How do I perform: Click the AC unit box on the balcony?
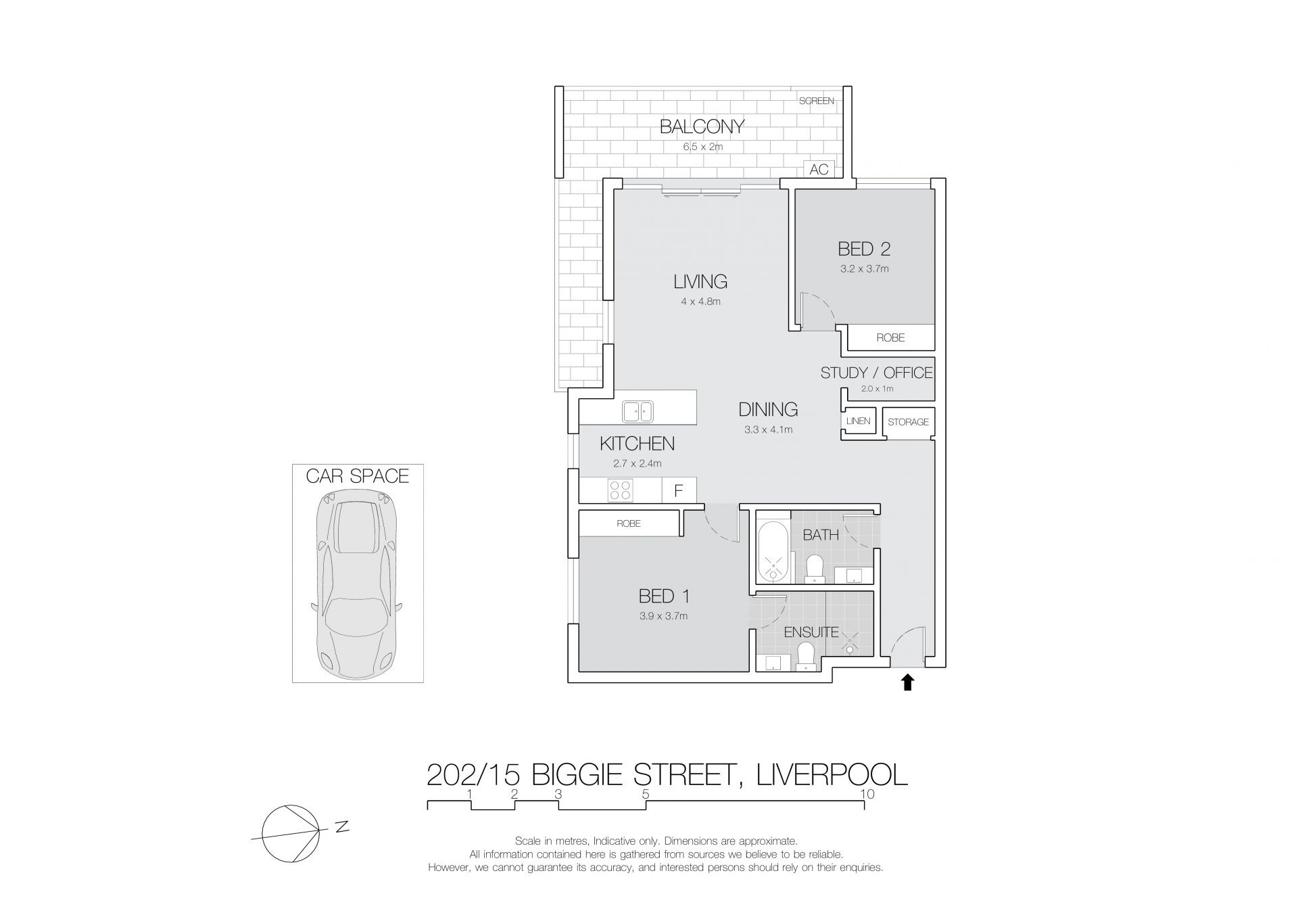click(x=819, y=169)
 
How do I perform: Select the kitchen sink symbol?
click(x=165, y=412)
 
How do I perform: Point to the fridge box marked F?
click(x=679, y=490)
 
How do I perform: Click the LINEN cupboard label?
click(x=858, y=421)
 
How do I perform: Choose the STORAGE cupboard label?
click(x=908, y=422)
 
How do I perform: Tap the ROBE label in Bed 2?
click(x=890, y=337)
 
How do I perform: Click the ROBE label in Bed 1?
click(x=629, y=523)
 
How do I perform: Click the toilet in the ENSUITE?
click(x=805, y=656)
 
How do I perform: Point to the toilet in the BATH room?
click(x=815, y=569)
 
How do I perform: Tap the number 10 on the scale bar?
click(x=867, y=794)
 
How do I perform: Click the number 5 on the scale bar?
click(x=646, y=794)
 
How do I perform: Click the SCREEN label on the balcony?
click(x=817, y=101)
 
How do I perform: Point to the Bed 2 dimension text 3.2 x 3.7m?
click(x=864, y=268)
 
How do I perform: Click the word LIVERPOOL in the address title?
click(x=832, y=774)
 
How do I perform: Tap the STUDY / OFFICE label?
click(x=876, y=373)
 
